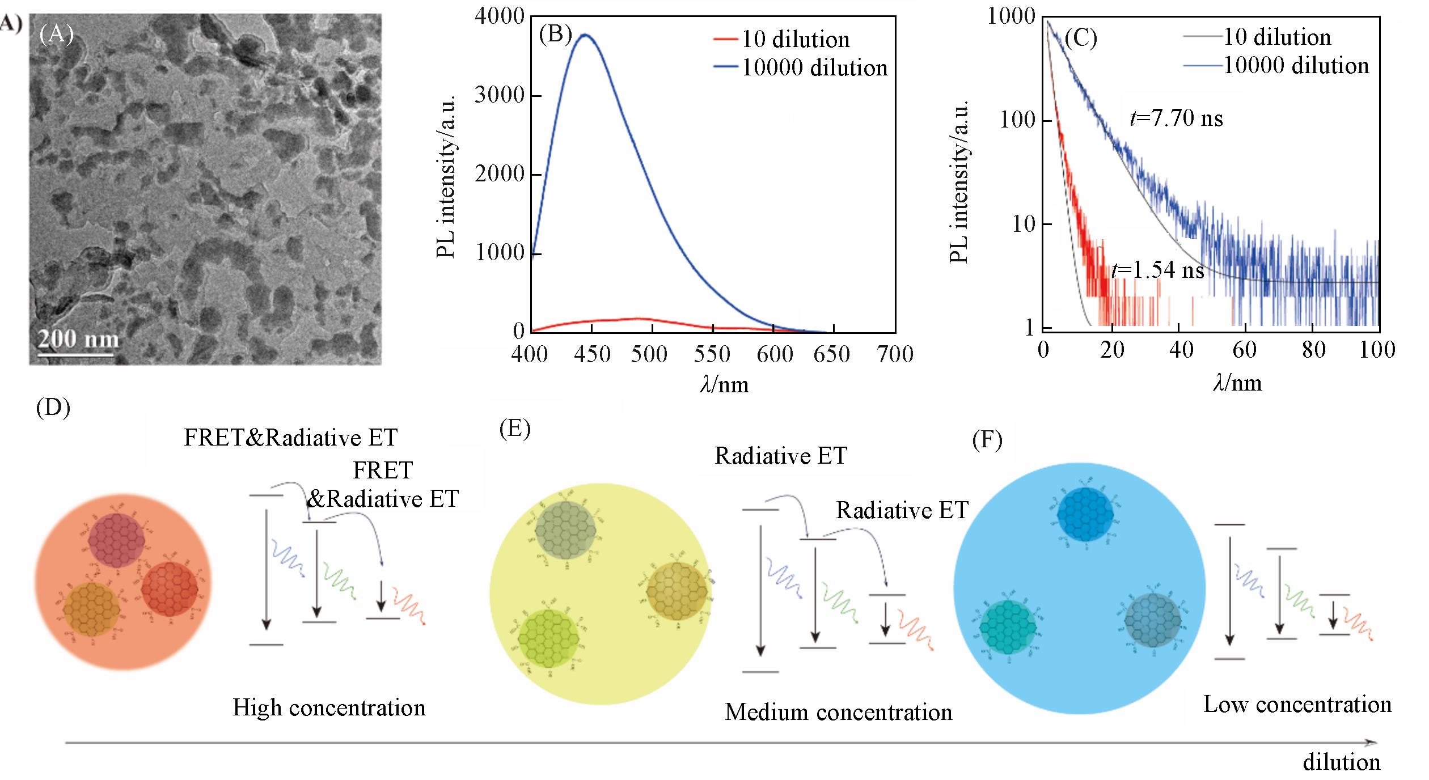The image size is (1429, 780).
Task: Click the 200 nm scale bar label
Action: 78,339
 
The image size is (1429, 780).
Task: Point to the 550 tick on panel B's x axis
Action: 712,354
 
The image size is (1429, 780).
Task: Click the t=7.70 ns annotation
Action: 1176,118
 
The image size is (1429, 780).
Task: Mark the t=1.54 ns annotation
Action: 1157,270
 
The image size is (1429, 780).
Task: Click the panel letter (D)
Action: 53,408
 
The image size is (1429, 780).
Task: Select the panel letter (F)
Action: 987,440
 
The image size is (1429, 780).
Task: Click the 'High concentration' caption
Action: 329,707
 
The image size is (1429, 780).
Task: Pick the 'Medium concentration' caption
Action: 838,712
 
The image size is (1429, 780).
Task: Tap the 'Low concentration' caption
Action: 1297,705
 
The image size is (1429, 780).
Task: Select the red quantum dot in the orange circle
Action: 169,589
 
